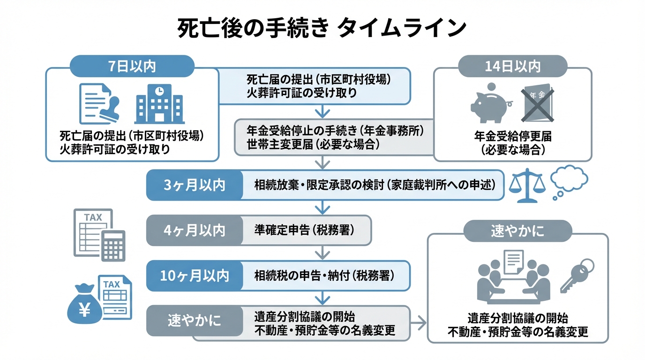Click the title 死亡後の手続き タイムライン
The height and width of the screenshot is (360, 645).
click(322, 28)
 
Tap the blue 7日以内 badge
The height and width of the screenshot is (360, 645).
click(132, 66)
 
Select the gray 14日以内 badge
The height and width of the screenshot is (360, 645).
click(512, 66)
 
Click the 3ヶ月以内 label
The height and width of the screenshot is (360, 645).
click(195, 185)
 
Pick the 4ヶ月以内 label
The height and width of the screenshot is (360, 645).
click(195, 230)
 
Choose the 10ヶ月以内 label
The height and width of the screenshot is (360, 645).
click(195, 276)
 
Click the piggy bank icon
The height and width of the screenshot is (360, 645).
click(490, 103)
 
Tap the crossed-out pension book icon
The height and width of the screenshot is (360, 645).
click(536, 103)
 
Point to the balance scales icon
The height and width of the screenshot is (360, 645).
click(527, 185)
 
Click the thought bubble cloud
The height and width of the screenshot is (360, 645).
click(569, 179)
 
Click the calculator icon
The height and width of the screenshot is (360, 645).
click(113, 245)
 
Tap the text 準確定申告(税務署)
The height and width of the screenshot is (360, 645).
click(304, 230)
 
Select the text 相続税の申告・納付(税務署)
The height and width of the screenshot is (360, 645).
click(324, 276)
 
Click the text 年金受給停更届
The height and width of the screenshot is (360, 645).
click(512, 136)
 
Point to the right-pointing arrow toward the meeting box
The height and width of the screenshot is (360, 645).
click(419, 322)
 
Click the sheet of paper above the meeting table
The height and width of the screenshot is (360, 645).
click(512, 262)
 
